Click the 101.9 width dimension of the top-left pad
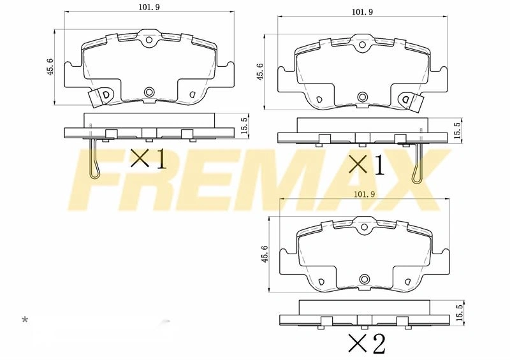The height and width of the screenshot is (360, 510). coord(149,7)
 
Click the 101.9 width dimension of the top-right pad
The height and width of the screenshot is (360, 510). coord(362,11)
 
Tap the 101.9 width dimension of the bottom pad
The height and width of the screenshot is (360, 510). coord(364,194)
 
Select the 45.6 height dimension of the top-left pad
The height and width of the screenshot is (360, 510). coord(50,67)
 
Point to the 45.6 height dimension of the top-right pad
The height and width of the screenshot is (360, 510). coord(260,71)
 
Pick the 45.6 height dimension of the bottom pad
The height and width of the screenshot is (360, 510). coord(265,254)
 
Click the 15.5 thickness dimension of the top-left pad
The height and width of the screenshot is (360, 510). coord(245,125)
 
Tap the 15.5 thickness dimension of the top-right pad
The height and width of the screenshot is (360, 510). coord(458,130)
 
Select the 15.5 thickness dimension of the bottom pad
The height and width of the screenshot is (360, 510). coord(459,312)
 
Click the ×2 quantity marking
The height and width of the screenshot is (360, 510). coord(367,343)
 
